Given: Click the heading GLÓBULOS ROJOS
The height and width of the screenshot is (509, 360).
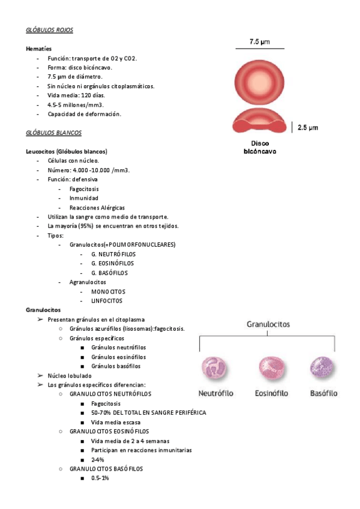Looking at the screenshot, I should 50,30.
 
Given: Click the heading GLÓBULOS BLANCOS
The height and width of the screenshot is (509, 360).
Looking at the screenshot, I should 53,133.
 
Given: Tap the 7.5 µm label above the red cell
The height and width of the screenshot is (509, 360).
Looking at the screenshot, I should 259,41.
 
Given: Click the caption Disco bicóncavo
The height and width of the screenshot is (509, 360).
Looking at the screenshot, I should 259,148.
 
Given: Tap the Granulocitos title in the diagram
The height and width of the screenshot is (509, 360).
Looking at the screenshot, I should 268,325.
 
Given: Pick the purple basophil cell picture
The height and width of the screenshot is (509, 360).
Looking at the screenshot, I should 323,369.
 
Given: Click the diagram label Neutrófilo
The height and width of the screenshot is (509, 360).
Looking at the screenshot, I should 216,394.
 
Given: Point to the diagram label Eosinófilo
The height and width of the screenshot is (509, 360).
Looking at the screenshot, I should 271,394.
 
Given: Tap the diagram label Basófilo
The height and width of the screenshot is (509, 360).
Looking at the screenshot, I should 323,394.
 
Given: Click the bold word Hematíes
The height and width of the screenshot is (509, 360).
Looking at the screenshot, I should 38,49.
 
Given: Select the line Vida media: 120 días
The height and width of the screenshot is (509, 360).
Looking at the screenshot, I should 76,95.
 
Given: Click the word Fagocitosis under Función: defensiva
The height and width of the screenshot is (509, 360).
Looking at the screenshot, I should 84,189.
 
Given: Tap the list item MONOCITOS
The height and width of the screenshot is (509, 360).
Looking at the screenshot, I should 109,292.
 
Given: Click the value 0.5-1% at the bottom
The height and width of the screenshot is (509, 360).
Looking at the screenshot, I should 100,478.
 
